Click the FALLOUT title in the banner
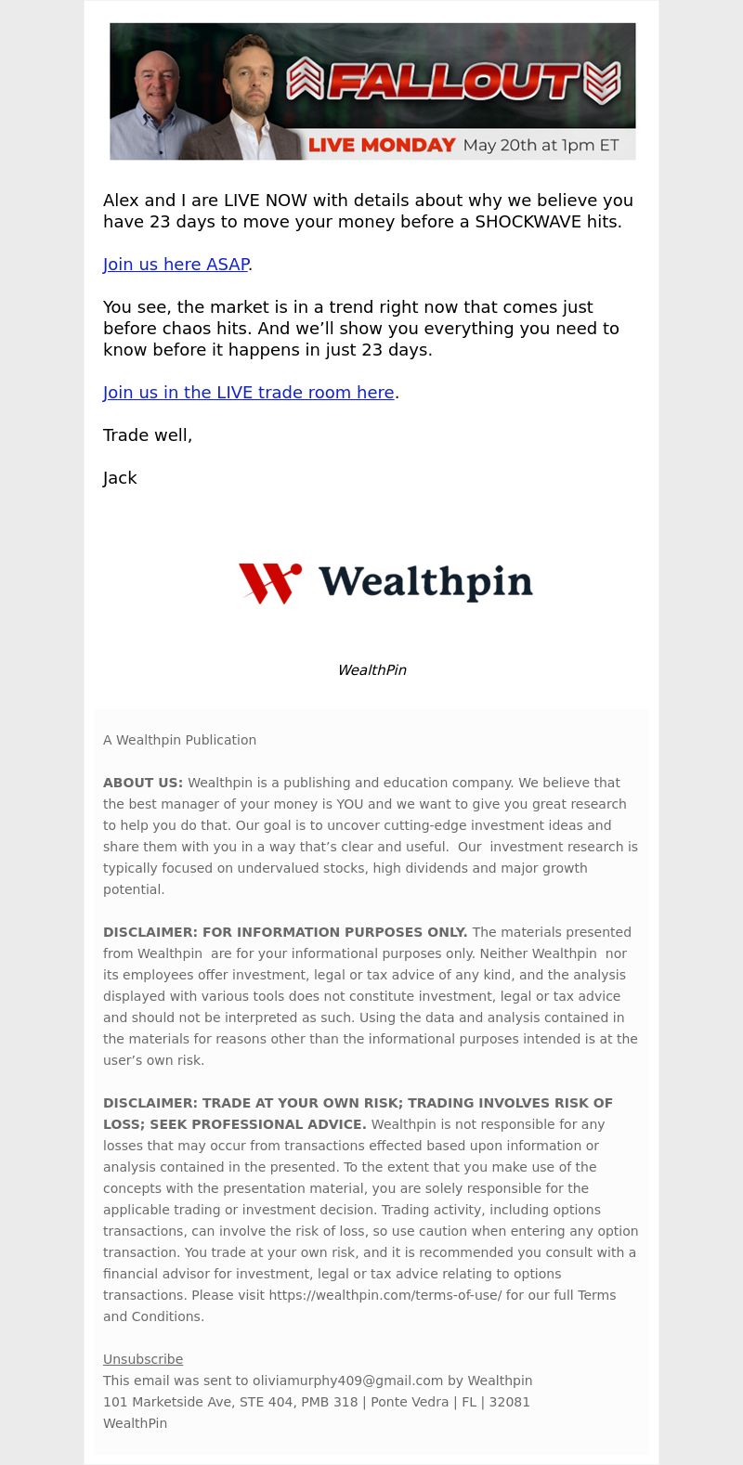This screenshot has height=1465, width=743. click(x=453, y=82)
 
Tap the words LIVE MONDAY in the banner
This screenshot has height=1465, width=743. click(x=382, y=145)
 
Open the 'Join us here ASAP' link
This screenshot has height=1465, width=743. click(x=176, y=265)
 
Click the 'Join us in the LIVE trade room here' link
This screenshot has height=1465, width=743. click(x=248, y=393)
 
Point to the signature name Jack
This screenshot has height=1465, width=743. click(x=120, y=478)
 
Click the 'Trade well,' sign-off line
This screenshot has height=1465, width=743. click(x=148, y=435)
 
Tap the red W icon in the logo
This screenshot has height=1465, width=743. click(x=269, y=583)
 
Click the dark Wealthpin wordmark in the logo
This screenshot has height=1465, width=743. click(x=425, y=582)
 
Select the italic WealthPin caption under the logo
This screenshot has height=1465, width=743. click(x=371, y=670)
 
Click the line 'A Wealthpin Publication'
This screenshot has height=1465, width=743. click(x=179, y=740)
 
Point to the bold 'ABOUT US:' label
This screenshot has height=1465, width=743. click(x=143, y=783)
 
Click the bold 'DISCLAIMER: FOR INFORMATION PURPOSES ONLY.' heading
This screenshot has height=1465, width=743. click(x=285, y=932)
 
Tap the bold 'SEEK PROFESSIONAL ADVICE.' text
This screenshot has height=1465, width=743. click(x=235, y=1124)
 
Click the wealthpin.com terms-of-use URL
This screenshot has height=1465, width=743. click(x=385, y=1295)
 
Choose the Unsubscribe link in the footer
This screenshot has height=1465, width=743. click(x=143, y=1359)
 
